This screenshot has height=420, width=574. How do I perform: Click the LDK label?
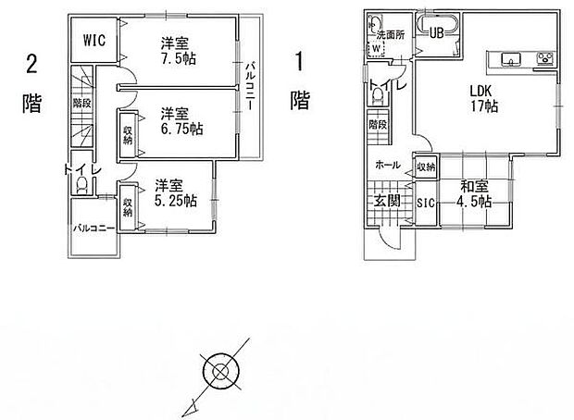pos(480,92)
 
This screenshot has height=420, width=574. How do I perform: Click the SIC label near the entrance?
pos(425,202)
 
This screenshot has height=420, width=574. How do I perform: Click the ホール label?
pos(388,165)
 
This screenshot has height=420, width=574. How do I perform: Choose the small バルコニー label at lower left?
pos(94,226)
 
